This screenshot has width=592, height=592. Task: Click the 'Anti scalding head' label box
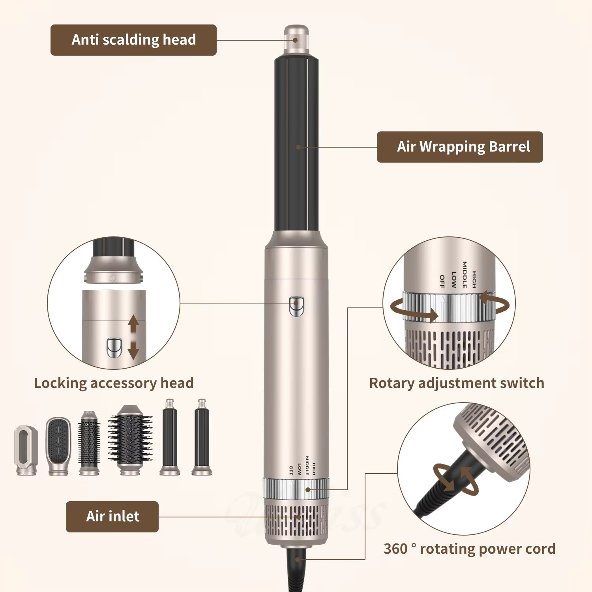133,40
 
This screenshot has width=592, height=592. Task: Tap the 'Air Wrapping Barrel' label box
460,147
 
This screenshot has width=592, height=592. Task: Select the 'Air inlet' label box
112,517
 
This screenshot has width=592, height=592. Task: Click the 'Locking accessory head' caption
114,383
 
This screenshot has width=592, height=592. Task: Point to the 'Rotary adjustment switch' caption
457,383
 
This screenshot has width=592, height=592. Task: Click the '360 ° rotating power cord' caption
469,549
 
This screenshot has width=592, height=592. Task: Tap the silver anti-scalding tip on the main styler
296,39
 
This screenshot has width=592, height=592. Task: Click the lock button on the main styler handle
296,307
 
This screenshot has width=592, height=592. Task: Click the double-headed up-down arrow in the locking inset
133,337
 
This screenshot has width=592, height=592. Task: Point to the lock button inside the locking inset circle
114,348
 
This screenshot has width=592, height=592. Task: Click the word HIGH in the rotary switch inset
474,279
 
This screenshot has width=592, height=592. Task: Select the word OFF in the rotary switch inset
442,281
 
